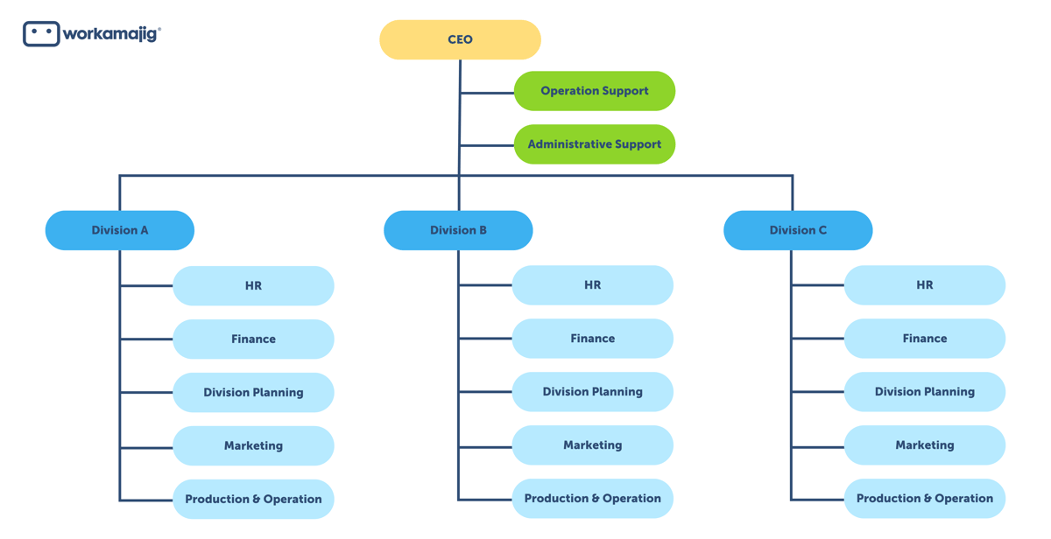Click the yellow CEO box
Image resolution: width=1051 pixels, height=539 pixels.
(460, 39)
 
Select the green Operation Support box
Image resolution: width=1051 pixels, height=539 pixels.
(594, 91)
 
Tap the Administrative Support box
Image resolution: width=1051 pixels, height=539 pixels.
(594, 144)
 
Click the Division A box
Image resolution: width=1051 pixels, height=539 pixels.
(120, 230)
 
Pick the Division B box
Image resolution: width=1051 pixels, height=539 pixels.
(458, 230)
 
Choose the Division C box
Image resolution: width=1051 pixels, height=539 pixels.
(798, 230)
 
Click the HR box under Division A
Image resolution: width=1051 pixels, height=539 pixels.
(253, 286)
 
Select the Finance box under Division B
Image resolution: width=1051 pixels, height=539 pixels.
(592, 339)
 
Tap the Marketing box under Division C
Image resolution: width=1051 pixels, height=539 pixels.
(924, 445)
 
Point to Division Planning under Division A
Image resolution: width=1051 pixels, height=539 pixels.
(253, 393)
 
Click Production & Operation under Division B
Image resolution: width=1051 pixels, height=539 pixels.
(592, 499)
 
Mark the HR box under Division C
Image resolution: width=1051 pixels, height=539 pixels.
(924, 285)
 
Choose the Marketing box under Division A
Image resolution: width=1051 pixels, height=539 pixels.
(253, 446)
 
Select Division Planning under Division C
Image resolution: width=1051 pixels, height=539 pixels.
(924, 392)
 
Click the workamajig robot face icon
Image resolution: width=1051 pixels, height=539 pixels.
(41, 33)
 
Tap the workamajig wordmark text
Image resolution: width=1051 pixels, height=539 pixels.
(111, 34)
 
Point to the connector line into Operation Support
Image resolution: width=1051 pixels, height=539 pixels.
(487, 92)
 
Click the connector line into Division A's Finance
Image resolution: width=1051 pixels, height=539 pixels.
(146, 339)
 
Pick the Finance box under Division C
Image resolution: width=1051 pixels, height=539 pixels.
(924, 339)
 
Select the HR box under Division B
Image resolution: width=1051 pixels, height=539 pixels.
(592, 285)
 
